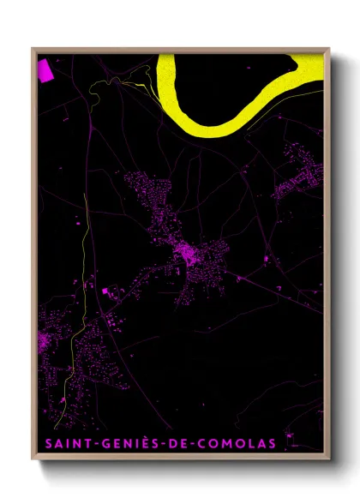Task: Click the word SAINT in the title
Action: [63, 444]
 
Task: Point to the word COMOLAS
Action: [236, 444]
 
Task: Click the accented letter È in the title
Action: [136, 443]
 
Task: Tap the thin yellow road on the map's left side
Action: [83, 257]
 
